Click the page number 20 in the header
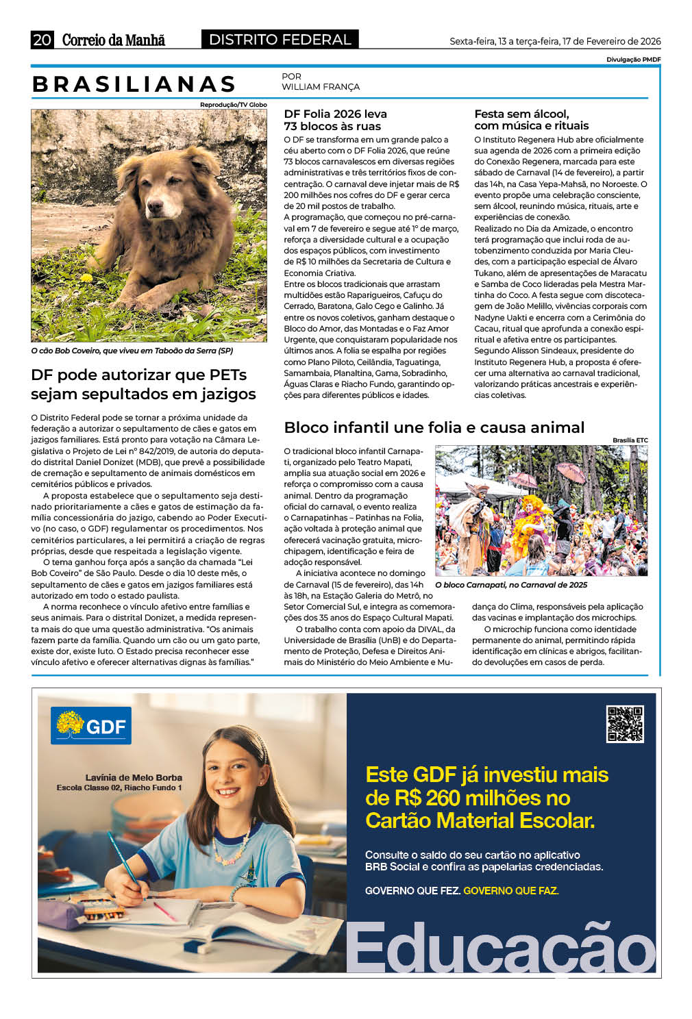[41, 40]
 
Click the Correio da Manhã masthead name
[114, 40]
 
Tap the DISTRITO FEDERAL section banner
[280, 40]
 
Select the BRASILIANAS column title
[134, 84]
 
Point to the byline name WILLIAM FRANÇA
[321, 87]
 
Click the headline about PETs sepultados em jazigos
[143, 384]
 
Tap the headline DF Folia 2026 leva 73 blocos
[335, 120]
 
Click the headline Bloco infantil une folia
[434, 427]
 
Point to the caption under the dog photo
[132, 351]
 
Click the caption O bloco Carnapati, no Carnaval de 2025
[511, 585]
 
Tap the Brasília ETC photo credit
[630, 440]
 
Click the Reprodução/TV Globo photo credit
[233, 105]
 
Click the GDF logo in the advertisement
[91, 726]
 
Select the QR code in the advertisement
[625, 724]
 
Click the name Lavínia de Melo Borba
[134, 777]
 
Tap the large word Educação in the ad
[500, 948]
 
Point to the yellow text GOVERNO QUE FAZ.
[510, 890]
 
